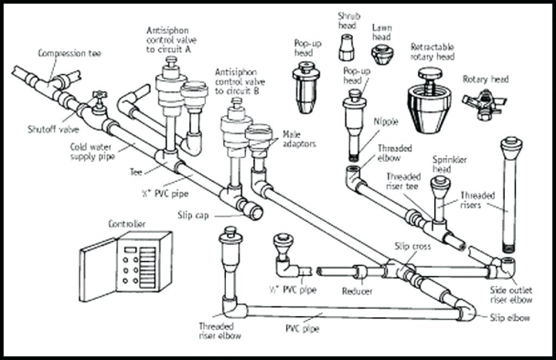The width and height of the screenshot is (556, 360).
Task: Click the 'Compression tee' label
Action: pyautogui.click(x=69, y=53)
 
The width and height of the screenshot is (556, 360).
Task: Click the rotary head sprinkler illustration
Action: pyautogui.click(x=482, y=100)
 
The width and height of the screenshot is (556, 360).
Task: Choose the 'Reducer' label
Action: pyautogui.click(x=357, y=292)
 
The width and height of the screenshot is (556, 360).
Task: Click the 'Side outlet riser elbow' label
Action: pyautogui.click(x=511, y=295)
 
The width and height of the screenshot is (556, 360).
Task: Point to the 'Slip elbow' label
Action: pyautogui.click(x=509, y=318)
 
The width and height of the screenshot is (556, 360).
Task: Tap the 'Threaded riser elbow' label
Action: pyautogui.click(x=216, y=330)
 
